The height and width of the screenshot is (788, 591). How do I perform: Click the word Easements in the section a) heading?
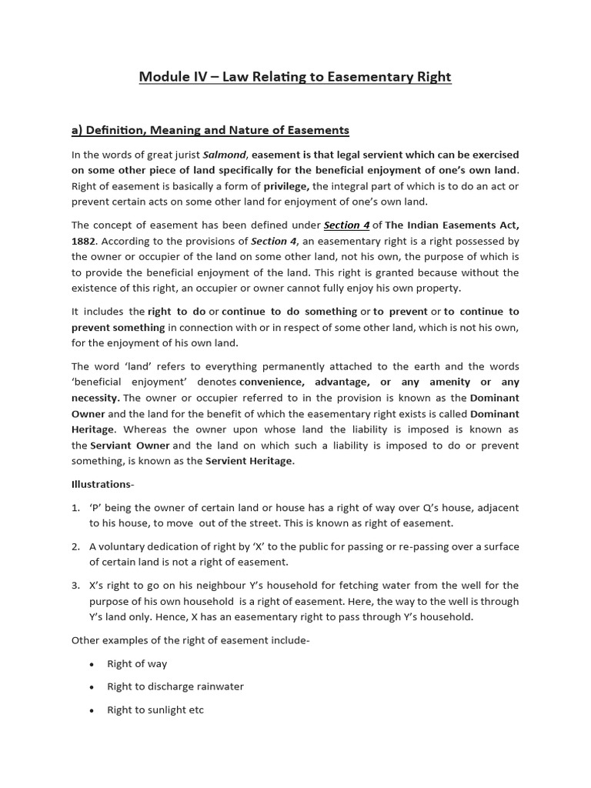tap(318, 129)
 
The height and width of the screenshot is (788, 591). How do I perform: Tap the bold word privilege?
tap(286, 185)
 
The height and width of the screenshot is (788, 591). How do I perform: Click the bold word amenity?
tap(449, 382)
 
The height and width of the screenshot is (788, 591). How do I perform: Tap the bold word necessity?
tap(95, 398)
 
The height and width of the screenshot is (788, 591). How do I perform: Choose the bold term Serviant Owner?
tap(130, 445)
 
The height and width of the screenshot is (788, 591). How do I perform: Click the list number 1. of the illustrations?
tap(75, 508)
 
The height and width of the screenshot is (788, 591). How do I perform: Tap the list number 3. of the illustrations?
tap(75, 586)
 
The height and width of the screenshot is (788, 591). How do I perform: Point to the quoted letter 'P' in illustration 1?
tap(97, 508)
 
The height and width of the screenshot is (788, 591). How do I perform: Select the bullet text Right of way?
tap(137, 663)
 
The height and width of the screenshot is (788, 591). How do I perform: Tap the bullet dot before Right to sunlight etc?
tap(92, 710)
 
